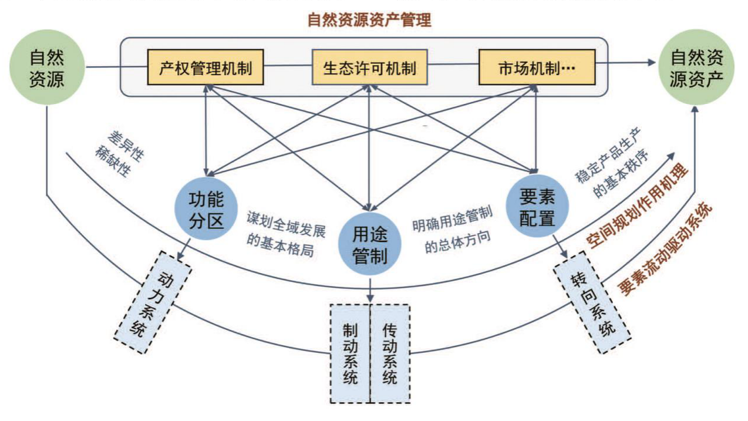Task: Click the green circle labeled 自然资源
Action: [x=46, y=68]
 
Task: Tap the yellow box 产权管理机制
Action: [x=205, y=68]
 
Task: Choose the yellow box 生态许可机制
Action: [x=369, y=68]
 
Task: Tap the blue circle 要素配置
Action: [x=537, y=207]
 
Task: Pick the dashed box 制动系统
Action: [x=351, y=353]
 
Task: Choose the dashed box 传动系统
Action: [x=389, y=353]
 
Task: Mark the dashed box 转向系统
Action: [x=592, y=302]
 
